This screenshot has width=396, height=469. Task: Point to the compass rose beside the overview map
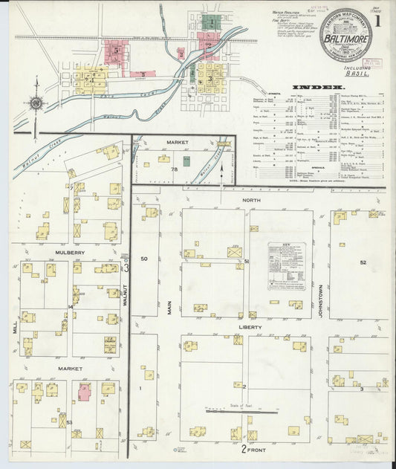[36, 103]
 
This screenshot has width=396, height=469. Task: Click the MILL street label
[15, 326]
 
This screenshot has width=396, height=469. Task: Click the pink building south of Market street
[84, 392]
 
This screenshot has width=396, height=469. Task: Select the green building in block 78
[186, 161]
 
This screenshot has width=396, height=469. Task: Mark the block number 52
[363, 262]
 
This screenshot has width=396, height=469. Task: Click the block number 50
[145, 259]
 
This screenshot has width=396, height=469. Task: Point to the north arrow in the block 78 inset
[221, 172]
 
